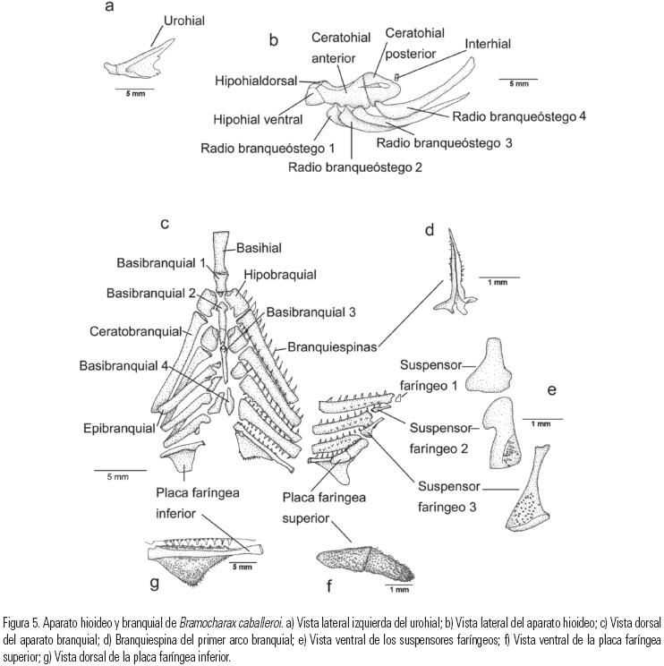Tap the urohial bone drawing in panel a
[134, 65]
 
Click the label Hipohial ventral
[257, 117]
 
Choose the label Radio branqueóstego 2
[356, 165]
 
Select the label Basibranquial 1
[162, 263]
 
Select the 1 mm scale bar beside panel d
[498, 274]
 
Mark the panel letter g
[155, 583]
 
